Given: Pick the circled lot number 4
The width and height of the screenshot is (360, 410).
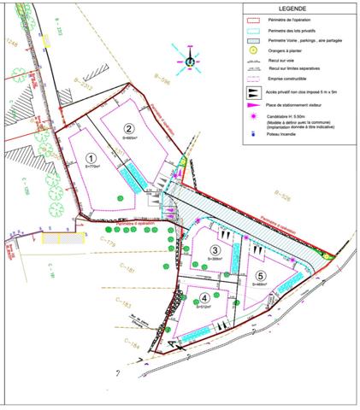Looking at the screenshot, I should click(204, 297).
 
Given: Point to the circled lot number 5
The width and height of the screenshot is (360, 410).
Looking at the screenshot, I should click(260, 275).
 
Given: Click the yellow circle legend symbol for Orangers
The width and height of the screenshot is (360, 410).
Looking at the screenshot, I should click(250, 51).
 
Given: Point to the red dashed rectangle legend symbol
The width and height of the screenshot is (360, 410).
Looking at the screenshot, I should click(250, 18).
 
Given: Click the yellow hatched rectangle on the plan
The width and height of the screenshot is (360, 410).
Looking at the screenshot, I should click(62, 237).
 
